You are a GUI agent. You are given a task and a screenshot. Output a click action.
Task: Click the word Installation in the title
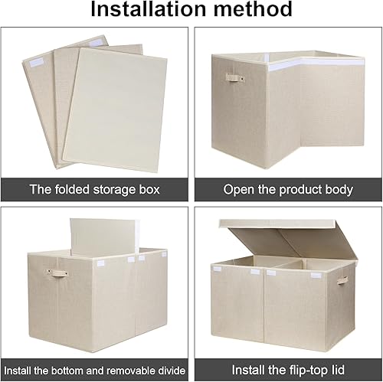click(x=146, y=10)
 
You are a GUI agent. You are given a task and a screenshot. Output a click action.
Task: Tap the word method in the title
click(x=251, y=10)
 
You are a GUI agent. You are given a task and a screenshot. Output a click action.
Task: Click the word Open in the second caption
click(x=237, y=189)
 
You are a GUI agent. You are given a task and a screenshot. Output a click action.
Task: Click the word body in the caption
click(x=338, y=189)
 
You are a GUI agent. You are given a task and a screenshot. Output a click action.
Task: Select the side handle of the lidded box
click(x=342, y=279)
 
